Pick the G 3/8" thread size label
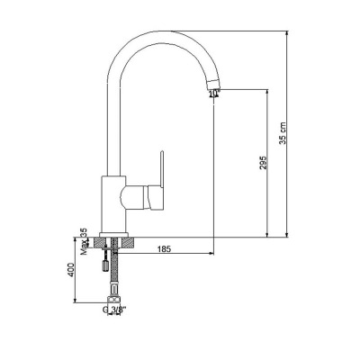114,310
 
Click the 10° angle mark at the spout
212,93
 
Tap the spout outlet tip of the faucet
213,87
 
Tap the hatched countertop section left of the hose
102,240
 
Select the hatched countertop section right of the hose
129,240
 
